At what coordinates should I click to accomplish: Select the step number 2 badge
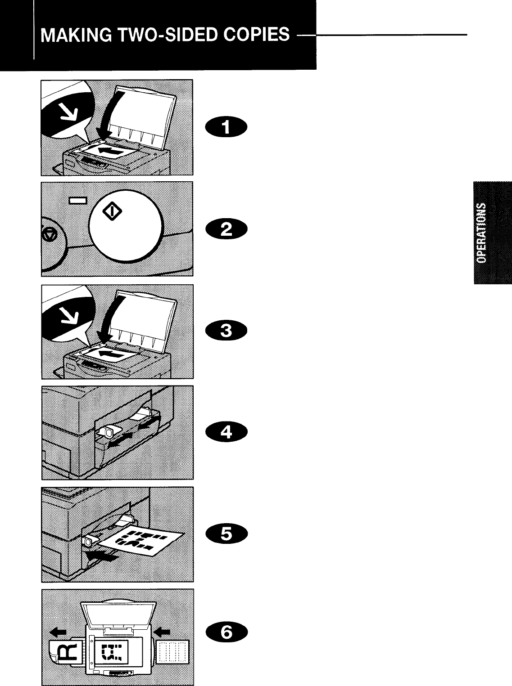click(x=227, y=230)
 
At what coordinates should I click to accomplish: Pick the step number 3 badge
click(x=227, y=331)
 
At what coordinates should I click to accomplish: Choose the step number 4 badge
click(x=227, y=432)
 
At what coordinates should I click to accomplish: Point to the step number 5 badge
click(x=227, y=534)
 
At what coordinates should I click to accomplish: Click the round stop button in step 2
click(x=50, y=234)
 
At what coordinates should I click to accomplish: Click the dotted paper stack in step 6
click(x=174, y=651)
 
